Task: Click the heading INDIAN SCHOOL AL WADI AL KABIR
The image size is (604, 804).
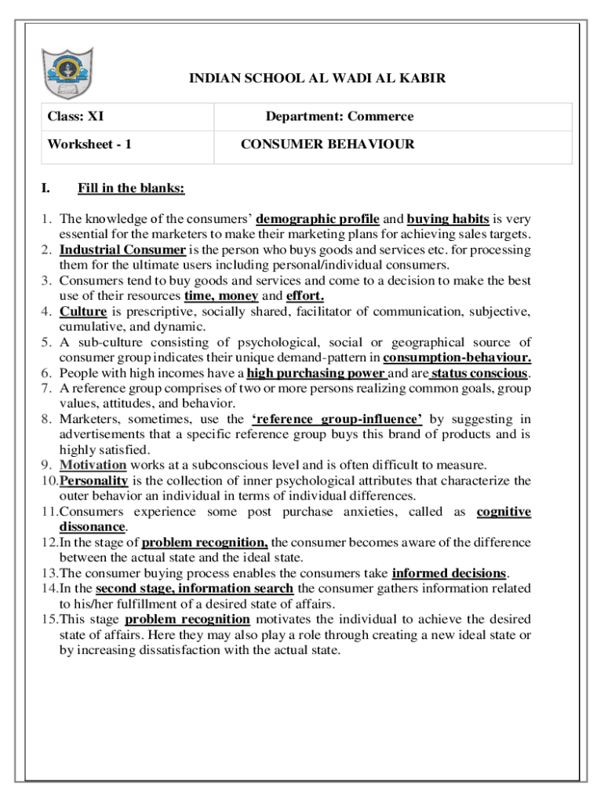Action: [318, 79]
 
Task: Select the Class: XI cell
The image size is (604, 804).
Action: [76, 117]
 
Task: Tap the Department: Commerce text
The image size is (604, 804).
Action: [339, 117]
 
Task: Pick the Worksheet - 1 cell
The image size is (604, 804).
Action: [89, 144]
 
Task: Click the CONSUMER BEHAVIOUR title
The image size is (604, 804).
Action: [328, 144]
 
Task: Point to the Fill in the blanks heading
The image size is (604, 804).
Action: [131, 188]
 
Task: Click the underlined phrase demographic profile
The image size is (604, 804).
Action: [318, 219]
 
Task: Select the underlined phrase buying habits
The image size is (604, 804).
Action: [448, 219]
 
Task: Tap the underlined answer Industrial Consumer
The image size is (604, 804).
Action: [122, 250]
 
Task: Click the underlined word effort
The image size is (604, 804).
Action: [305, 296]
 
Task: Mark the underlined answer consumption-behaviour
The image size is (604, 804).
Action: [457, 358]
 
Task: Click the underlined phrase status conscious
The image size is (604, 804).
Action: [478, 373]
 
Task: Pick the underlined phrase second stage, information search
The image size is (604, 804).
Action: [195, 589]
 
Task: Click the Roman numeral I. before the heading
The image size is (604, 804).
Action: [45, 188]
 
